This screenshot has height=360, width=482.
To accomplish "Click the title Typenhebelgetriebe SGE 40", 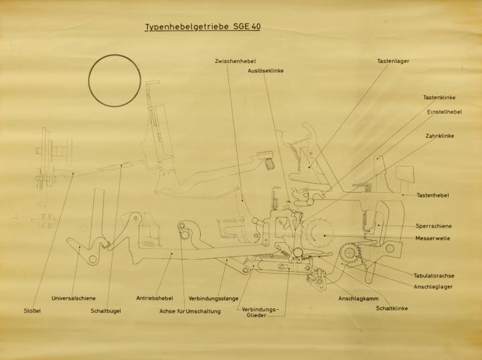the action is (203, 27).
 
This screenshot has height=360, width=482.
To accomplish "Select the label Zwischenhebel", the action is (235, 61).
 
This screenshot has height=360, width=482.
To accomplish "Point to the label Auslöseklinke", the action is (266, 71).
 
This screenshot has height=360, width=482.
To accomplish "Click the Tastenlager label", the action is (393, 61).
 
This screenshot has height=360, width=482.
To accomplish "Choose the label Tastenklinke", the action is (439, 98).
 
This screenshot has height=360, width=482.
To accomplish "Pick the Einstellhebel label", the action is (445, 112).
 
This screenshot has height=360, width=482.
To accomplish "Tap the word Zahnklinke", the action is (440, 136).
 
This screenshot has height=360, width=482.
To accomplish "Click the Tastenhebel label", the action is (432, 195).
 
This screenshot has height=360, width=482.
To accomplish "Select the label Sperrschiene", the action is (434, 226).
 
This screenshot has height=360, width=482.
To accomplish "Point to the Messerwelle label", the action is (432, 238).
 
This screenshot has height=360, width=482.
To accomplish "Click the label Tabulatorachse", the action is (434, 276).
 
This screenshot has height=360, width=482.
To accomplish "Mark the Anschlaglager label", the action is (433, 286).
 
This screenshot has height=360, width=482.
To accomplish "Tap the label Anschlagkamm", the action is (358, 298).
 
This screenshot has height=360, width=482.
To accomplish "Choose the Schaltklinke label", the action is (392, 308).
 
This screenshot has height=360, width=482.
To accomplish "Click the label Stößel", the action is (32, 311).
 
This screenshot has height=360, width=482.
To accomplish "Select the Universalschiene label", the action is (74, 298).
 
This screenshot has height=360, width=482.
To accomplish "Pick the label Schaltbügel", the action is (106, 311).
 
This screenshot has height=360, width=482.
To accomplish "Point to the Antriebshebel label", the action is (155, 298).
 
